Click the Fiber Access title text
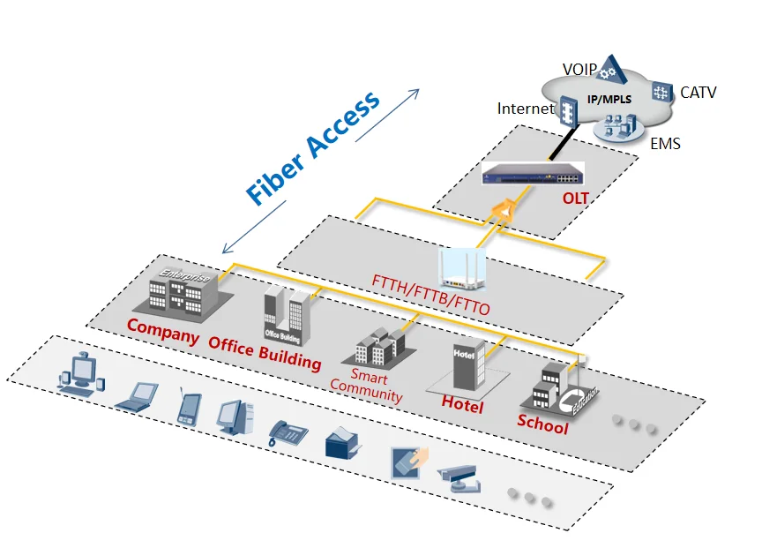(313, 147)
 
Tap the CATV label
(698, 92)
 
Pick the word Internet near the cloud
(526, 109)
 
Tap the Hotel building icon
(467, 364)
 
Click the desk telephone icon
(288, 432)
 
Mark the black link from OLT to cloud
(559, 140)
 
